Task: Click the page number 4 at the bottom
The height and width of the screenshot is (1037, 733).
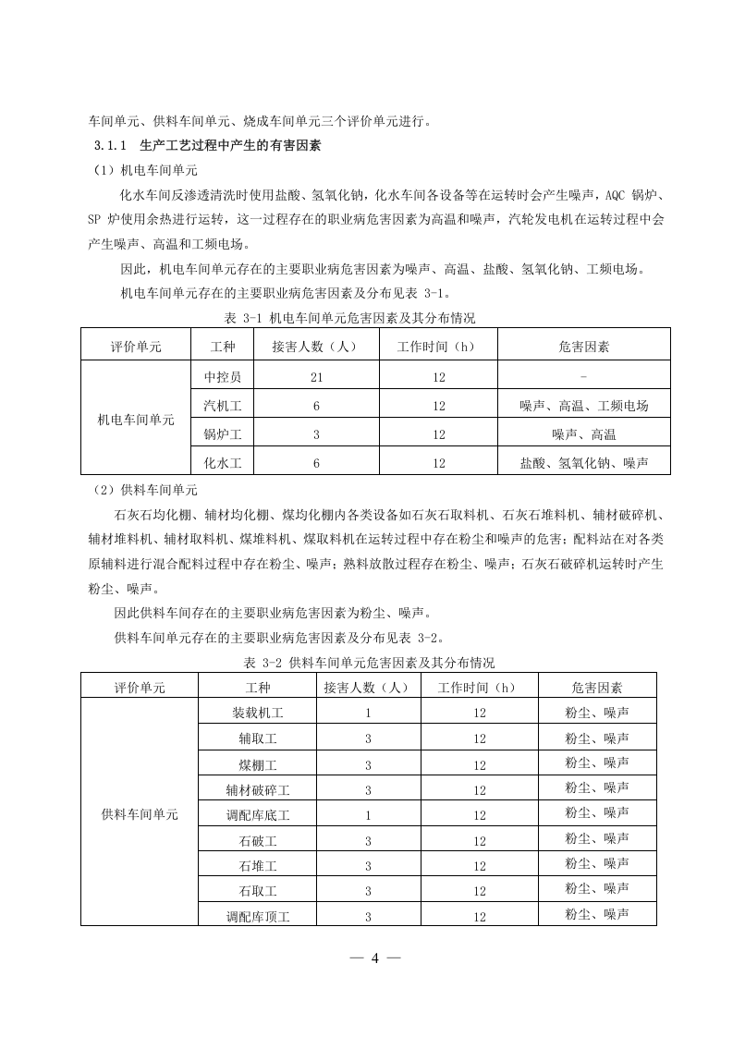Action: click(x=375, y=957)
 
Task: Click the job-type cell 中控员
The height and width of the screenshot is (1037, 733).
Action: click(x=223, y=376)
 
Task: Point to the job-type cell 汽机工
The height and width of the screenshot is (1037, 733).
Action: click(x=223, y=406)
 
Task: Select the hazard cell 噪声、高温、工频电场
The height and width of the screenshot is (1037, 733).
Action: click(x=583, y=406)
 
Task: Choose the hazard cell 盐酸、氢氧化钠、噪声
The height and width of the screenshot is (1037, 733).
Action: click(x=583, y=463)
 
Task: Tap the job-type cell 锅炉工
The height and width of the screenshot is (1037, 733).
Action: click(x=223, y=434)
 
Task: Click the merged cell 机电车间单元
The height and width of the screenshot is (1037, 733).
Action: click(x=136, y=419)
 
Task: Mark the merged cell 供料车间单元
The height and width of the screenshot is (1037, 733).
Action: click(x=140, y=814)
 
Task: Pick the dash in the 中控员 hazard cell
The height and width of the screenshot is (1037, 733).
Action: click(x=583, y=376)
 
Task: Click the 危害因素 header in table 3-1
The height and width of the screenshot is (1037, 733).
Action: click(x=583, y=347)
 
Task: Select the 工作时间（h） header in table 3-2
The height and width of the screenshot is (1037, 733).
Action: click(x=479, y=687)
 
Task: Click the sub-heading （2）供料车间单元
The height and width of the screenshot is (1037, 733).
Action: click(x=143, y=490)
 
